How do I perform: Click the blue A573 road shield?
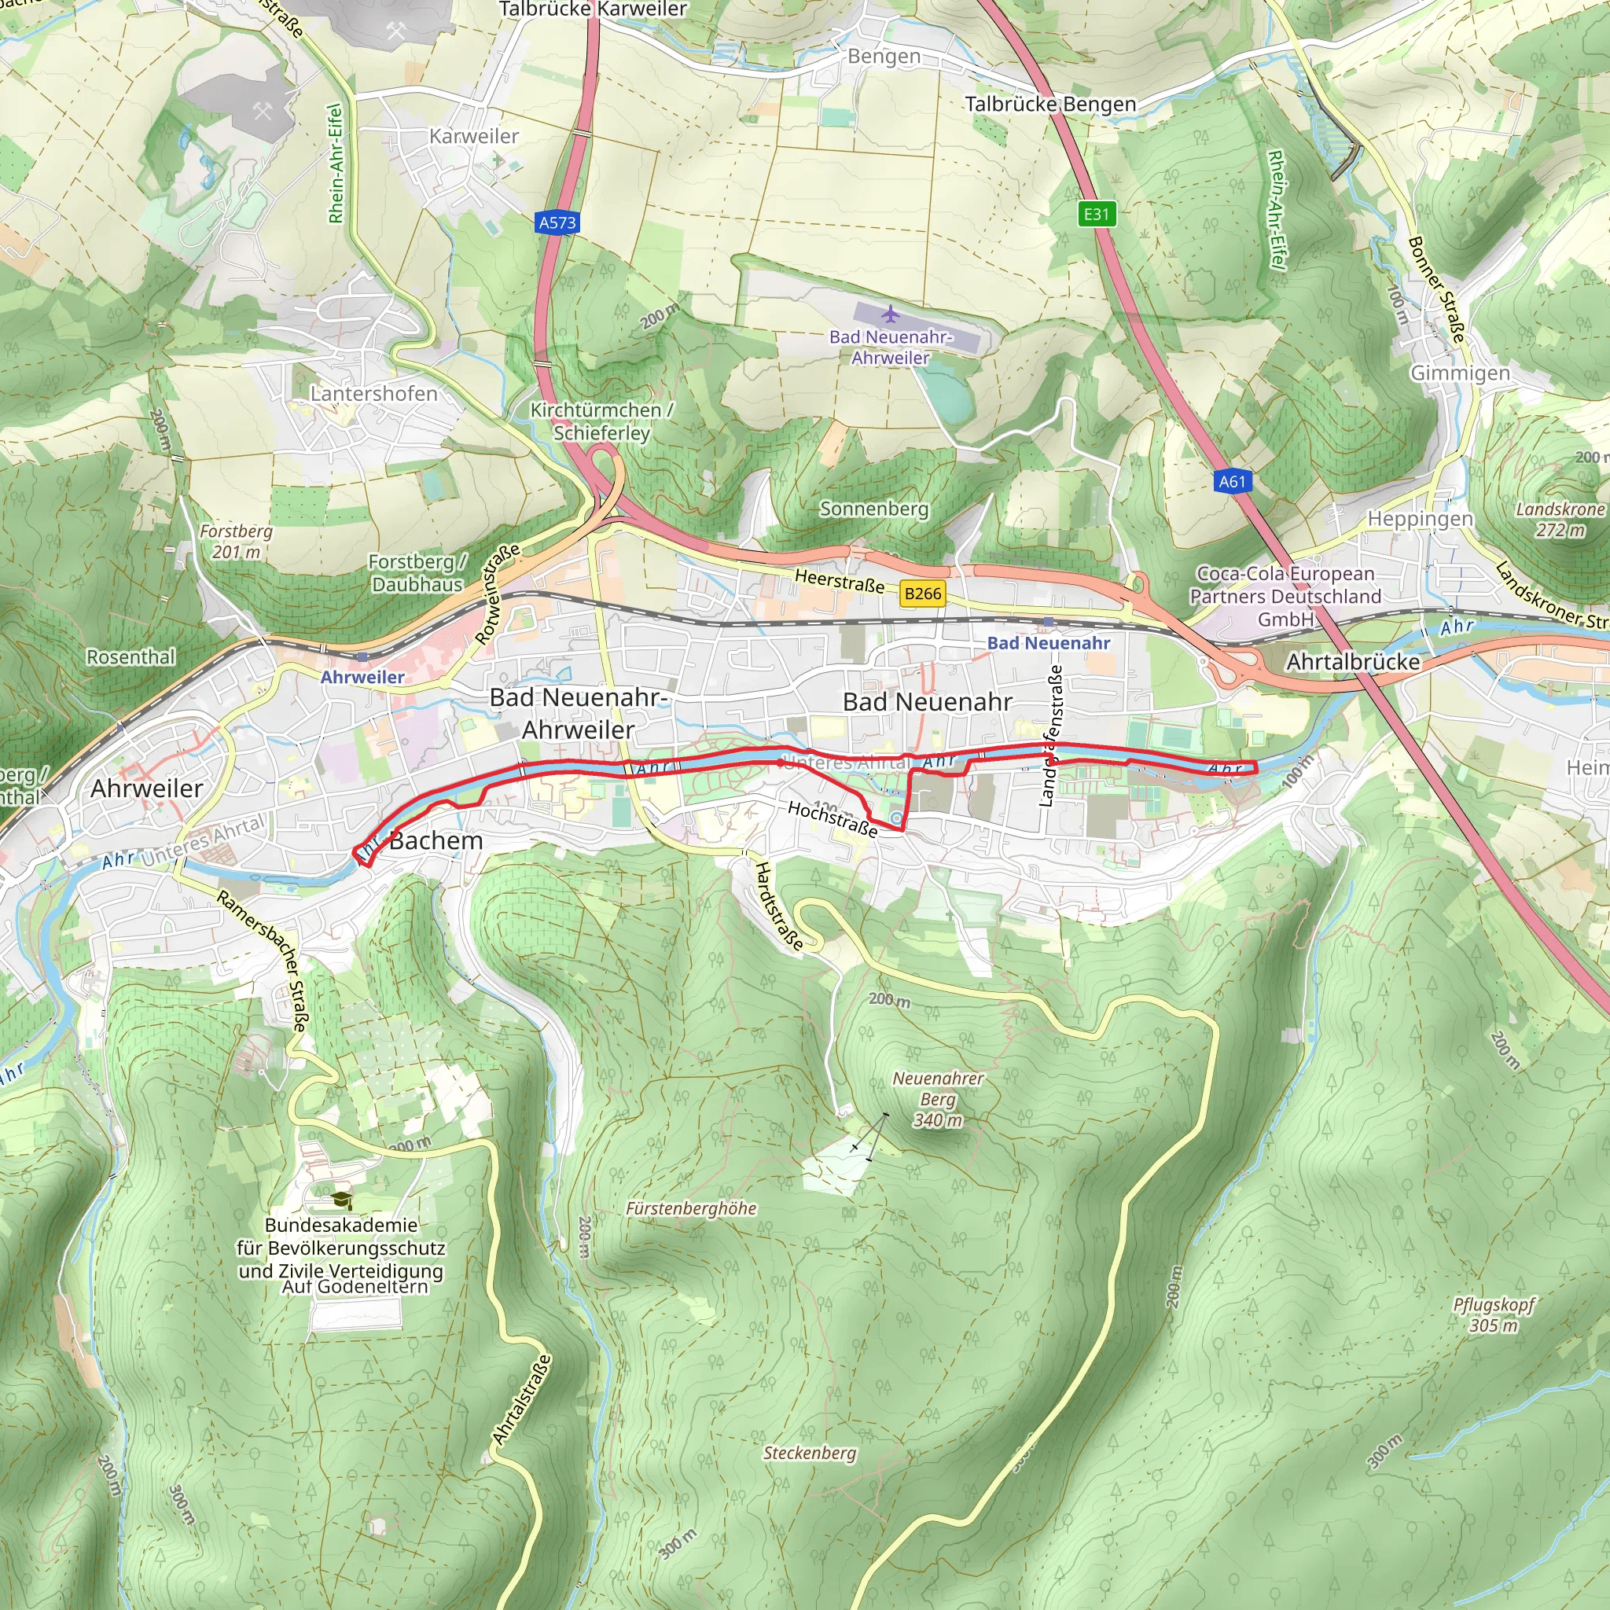tap(557, 222)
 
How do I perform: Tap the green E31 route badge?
tap(1096, 214)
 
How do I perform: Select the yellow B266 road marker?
tap(922, 594)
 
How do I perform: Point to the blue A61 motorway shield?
tap(1232, 481)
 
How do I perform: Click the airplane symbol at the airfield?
tap(891, 314)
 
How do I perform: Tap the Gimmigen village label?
tap(1459, 373)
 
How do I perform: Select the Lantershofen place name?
tap(373, 393)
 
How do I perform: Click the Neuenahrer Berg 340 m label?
tap(939, 1099)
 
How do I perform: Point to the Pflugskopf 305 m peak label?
tap(1494, 1314)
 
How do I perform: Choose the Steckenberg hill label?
tap(809, 1453)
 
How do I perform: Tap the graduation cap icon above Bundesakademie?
tap(342, 1200)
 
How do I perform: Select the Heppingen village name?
tap(1420, 518)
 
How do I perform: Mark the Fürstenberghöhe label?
tap(691, 1208)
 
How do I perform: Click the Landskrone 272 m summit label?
tap(1560, 519)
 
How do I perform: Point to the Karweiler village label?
tap(473, 136)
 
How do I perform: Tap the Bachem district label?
tap(436, 841)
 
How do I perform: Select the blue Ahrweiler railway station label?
tap(362, 677)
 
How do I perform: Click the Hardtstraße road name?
tap(779, 906)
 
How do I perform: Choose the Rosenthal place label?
tap(130, 656)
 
